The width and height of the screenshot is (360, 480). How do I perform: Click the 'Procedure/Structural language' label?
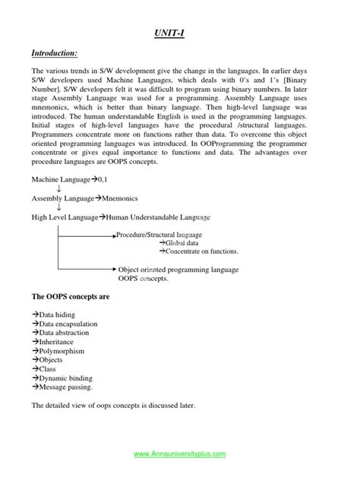coord(159,235)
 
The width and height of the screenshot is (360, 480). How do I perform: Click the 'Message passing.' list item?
coord(62,387)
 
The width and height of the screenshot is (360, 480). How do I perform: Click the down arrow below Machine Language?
coord(58,188)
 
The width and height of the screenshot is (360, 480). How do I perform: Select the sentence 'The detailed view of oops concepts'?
coord(113,406)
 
